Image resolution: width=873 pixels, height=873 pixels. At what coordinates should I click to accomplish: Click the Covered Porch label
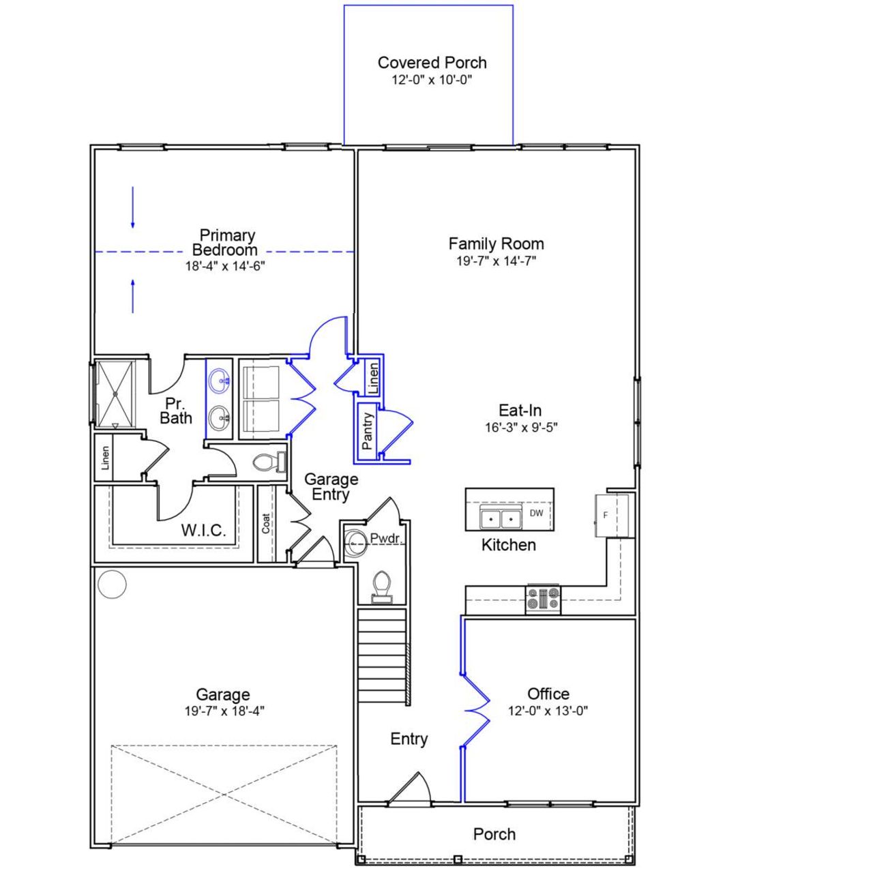click(x=432, y=63)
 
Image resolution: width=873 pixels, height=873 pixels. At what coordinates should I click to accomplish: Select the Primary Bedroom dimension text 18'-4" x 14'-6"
click(x=224, y=266)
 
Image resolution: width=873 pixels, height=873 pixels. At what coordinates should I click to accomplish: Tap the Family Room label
click(x=496, y=243)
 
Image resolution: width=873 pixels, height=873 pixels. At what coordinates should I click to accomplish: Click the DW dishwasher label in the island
click(x=537, y=513)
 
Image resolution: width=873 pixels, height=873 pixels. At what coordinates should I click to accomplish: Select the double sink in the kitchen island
click(x=500, y=518)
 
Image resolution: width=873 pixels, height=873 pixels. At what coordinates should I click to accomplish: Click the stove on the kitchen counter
click(x=543, y=599)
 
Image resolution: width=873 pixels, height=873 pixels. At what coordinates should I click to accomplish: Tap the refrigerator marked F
click(x=611, y=516)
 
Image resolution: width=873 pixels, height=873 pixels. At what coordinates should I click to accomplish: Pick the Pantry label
click(x=368, y=431)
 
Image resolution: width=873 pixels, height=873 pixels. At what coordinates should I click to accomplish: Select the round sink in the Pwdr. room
click(x=355, y=543)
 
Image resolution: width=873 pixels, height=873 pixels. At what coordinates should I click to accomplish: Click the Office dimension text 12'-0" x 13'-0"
click(x=548, y=711)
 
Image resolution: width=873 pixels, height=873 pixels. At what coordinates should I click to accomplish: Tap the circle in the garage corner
click(x=112, y=584)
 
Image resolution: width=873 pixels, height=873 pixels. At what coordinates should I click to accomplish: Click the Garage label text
click(x=222, y=694)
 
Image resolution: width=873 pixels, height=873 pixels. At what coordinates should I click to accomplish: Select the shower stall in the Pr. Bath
click(x=115, y=394)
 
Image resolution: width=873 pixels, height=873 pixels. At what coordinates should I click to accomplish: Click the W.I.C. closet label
click(x=203, y=531)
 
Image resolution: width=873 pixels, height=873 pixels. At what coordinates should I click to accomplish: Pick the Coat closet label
click(x=266, y=524)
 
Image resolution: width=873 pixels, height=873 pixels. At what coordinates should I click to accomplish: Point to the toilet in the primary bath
click(x=265, y=463)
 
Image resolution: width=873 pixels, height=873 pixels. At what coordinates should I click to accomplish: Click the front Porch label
click(x=494, y=833)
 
